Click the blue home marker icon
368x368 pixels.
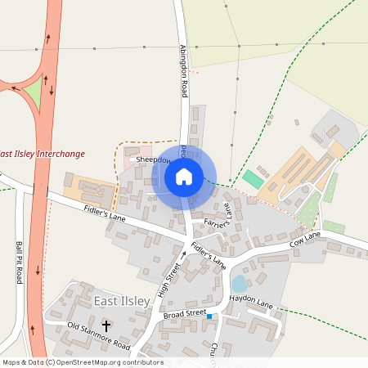coord(184,176)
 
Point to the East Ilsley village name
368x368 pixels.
coord(122,302)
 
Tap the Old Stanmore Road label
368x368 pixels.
coord(99,336)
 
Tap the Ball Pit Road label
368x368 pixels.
coord(18,262)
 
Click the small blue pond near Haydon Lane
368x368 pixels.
coord(239,284)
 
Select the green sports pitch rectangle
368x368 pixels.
coord(254,177)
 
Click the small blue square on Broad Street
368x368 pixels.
coord(209,316)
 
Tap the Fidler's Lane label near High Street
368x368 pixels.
coord(208,256)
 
